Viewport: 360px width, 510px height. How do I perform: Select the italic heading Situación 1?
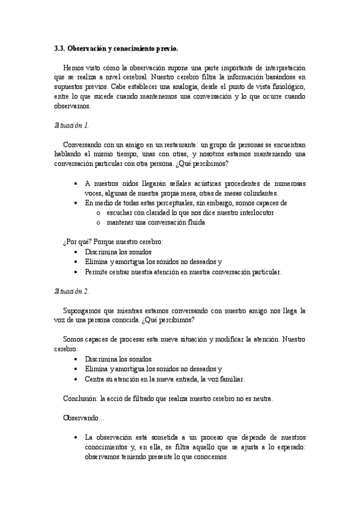[71, 125]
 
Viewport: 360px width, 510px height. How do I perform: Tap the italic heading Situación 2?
[71, 291]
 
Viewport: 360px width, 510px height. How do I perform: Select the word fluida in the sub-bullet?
[195, 223]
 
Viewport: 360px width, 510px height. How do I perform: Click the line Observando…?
[83, 417]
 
